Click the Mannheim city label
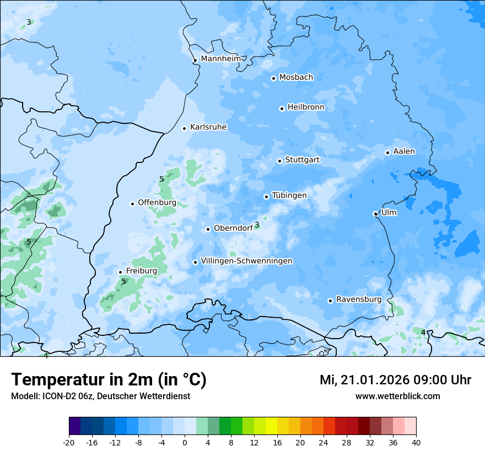point(220,58)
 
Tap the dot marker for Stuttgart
point(279,161)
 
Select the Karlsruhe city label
point(208,127)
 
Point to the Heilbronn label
point(306,107)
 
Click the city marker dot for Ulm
point(375,214)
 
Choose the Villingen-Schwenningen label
point(246,261)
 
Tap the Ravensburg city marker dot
point(330,301)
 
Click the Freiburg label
point(141,271)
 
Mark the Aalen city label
point(404,151)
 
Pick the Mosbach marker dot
point(273,78)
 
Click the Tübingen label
point(289,195)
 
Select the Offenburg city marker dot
point(132,204)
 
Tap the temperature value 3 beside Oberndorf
point(257,225)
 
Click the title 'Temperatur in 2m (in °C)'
point(109,380)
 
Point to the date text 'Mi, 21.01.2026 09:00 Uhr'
point(395,380)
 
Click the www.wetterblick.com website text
point(397,396)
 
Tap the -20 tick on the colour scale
point(69,442)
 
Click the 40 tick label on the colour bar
point(416,442)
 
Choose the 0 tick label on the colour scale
point(185,442)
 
